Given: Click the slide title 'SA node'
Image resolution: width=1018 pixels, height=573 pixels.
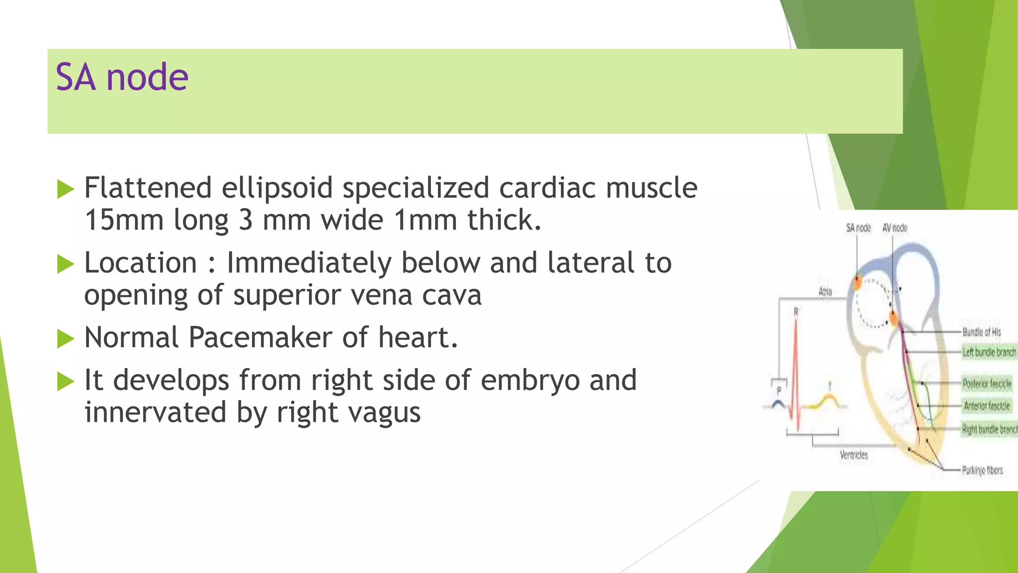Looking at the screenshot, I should [122, 78].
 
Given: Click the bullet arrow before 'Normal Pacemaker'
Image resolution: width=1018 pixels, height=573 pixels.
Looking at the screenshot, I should [65, 339].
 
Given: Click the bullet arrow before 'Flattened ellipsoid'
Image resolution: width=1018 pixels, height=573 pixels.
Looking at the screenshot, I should [65, 190].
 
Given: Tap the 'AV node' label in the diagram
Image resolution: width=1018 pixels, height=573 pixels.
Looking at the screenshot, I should [895, 228].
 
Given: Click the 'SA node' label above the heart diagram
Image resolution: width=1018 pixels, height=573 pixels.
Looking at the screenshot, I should [858, 228].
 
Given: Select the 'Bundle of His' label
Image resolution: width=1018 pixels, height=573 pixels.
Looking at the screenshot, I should [981, 332].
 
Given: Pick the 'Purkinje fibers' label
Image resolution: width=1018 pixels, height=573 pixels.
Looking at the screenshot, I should [982, 470].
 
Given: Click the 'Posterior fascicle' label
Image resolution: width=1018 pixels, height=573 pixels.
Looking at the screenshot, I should [987, 383].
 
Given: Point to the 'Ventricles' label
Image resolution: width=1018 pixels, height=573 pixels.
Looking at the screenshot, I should [853, 455].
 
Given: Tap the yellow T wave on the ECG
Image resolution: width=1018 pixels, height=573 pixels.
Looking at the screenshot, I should [829, 398].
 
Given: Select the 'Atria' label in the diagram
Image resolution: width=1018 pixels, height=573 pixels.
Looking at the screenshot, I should [825, 291].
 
